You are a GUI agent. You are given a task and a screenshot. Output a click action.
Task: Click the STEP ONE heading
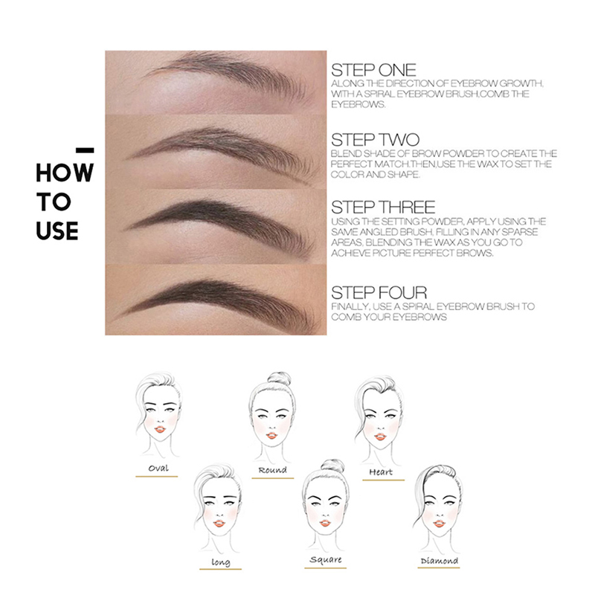click(373, 70)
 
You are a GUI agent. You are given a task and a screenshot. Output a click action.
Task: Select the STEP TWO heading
click(375, 140)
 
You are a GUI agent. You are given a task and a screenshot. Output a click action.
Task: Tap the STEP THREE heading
click(383, 208)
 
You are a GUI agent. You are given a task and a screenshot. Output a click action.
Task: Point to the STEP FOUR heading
click(379, 292)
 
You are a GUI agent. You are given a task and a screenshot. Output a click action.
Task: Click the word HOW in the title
click(65, 173)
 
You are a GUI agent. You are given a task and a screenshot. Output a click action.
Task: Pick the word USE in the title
click(57, 231)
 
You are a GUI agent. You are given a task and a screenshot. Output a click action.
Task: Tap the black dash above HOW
click(85, 151)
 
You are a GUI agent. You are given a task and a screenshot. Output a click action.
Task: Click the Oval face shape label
click(158, 468)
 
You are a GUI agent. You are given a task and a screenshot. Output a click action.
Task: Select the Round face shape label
click(272, 470)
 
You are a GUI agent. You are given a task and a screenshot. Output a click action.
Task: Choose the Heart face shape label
click(381, 472)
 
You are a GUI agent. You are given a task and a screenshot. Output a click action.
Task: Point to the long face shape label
click(220, 562)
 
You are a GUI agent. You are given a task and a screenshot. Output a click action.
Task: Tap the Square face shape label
click(326, 560)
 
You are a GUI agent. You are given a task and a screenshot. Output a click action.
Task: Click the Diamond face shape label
click(439, 561)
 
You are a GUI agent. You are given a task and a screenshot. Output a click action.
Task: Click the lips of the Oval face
click(160, 429)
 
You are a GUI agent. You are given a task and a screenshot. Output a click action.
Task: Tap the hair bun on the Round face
click(280, 379)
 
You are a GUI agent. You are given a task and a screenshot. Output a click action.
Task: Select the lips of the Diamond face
click(439, 524)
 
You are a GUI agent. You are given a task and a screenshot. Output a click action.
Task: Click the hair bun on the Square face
click(332, 466)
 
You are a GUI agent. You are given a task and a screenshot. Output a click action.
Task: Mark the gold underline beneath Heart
click(383, 480)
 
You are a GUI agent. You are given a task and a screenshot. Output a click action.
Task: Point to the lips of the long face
click(219, 524)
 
